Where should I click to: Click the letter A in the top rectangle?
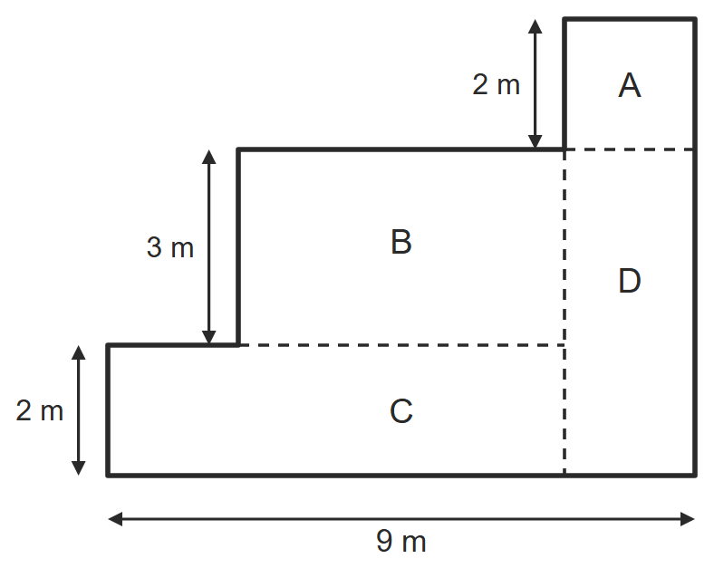pyautogui.click(x=630, y=85)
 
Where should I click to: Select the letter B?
pyautogui.click(x=401, y=242)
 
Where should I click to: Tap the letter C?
pyautogui.click(x=401, y=411)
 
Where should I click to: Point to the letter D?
pyautogui.click(x=630, y=281)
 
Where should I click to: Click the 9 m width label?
pyautogui.click(x=401, y=541)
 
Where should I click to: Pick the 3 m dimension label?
pyautogui.click(x=170, y=247)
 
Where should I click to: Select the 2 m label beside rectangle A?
pyautogui.click(x=497, y=84)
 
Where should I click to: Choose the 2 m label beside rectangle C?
pyautogui.click(x=40, y=410)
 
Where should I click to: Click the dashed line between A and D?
pyautogui.click(x=630, y=149)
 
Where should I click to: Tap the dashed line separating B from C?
pyautogui.click(x=401, y=345)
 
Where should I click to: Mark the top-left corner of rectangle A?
pyautogui.click(x=564, y=19)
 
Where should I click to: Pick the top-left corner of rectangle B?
pyautogui.click(x=238, y=149)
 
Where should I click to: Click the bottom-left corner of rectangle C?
pyautogui.click(x=108, y=476)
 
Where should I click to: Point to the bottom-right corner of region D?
pyautogui.click(x=695, y=476)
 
